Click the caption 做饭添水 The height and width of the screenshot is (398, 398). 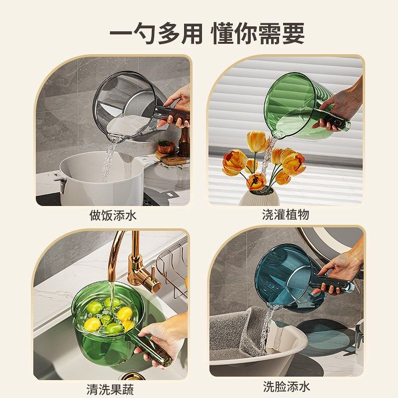tap(112, 215)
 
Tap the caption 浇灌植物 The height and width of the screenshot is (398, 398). tap(286, 215)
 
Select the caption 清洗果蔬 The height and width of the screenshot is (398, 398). tap(110, 389)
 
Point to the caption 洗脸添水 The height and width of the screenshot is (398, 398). tap(286, 387)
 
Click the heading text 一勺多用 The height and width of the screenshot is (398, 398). tap(156, 34)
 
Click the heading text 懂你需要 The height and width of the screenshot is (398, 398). tap(257, 34)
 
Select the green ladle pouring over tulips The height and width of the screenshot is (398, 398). tap(294, 104)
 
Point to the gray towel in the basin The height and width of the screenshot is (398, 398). tap(239, 328)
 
